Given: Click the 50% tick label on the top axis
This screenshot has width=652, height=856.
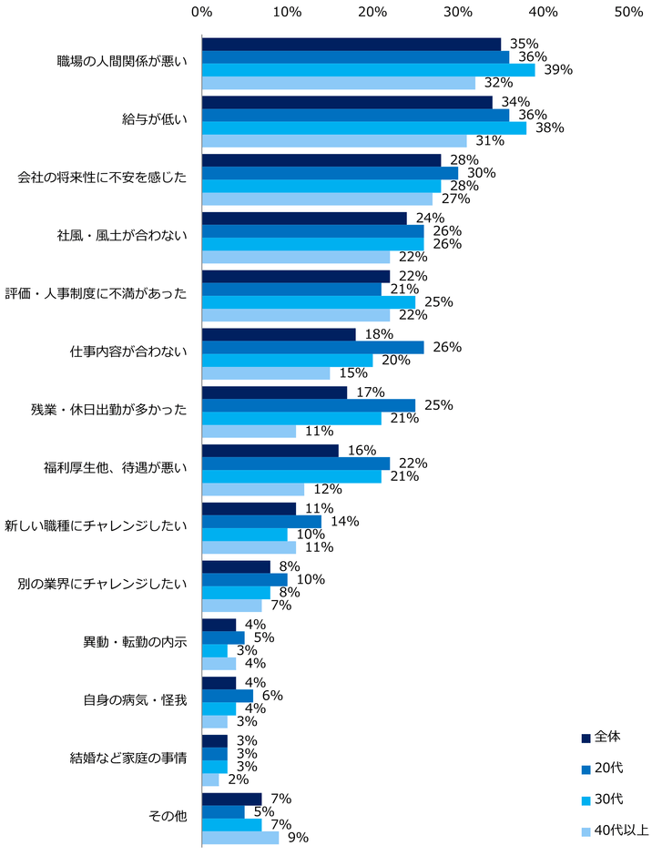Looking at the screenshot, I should [629, 12].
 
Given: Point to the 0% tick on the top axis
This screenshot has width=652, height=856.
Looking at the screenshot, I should [202, 12].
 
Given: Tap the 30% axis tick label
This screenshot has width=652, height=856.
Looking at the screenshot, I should [458, 12].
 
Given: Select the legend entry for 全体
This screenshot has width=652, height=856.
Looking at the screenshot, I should [609, 737].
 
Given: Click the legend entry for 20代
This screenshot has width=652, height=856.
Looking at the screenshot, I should [609, 768].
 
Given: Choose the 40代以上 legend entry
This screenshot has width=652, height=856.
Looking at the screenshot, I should [615, 830].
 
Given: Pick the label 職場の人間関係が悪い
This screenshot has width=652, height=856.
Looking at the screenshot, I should [121, 63].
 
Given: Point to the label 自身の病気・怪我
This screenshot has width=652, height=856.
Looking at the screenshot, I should [134, 700].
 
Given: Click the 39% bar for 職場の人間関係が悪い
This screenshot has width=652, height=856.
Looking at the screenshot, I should [368, 70].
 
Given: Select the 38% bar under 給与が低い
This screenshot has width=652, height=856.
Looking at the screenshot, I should [363, 128].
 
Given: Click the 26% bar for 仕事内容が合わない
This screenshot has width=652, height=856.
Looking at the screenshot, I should [312, 347].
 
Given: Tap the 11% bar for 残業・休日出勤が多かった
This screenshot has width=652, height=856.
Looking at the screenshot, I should [249, 431].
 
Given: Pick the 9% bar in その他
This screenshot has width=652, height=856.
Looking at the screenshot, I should [240, 837].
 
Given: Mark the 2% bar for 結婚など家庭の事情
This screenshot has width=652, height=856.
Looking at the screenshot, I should [210, 780].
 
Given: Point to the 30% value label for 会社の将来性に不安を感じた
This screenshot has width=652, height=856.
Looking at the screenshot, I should [481, 173].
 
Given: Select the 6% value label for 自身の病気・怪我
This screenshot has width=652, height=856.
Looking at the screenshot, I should [271, 695].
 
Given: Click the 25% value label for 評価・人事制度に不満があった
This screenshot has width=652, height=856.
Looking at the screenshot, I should [438, 301].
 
